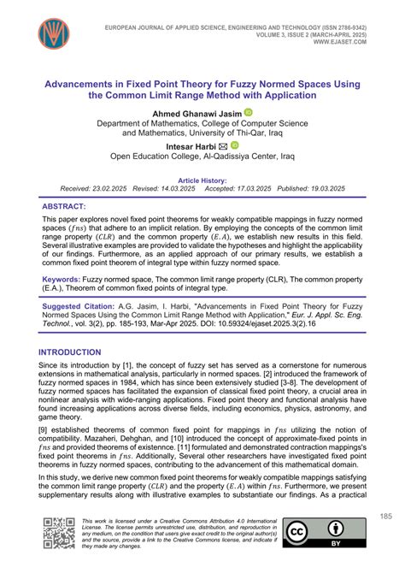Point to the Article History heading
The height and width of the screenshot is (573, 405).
point(202,180)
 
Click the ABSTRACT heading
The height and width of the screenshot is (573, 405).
point(64,207)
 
